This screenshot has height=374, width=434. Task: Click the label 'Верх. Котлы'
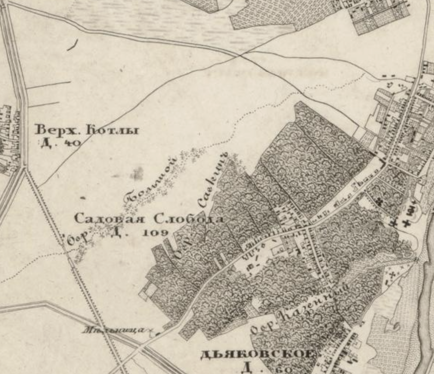87,130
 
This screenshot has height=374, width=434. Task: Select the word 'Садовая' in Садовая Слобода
109,219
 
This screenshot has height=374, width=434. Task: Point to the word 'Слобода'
188,219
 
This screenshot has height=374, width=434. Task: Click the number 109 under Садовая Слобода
155,233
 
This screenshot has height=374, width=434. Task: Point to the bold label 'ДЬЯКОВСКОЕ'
258,354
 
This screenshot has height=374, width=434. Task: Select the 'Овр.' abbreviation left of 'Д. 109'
77,240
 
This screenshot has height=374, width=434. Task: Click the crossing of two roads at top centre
240,55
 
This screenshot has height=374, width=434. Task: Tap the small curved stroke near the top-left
73,45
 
